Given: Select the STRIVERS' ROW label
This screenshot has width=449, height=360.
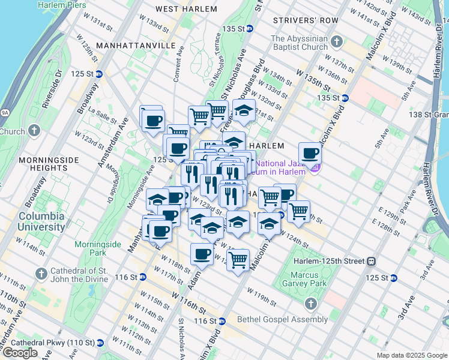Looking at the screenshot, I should [x=306, y=20].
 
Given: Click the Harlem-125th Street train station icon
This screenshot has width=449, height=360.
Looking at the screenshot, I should [x=372, y=261].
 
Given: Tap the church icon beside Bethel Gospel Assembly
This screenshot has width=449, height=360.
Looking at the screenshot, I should [x=311, y=304].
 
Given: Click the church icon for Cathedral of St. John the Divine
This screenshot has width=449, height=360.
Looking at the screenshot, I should [x=41, y=274].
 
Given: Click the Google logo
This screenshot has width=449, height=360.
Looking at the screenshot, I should [x=20, y=353].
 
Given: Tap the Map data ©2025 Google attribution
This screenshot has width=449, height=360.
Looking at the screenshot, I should [x=411, y=355].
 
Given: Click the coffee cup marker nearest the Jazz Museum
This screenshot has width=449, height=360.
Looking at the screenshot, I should [x=310, y=153].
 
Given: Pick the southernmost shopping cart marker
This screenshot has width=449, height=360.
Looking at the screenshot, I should [x=238, y=260].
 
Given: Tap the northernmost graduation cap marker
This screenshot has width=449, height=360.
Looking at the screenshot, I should [x=243, y=112].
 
